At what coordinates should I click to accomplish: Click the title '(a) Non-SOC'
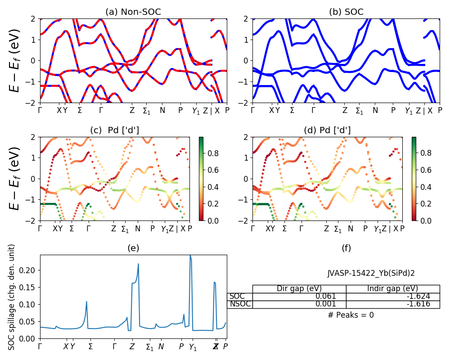133,12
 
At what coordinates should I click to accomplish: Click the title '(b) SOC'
346,12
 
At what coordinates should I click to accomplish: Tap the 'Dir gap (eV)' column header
299,288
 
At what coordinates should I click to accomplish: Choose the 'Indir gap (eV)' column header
392,288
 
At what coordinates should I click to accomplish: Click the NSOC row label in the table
240,304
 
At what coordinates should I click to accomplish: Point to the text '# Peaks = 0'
351,315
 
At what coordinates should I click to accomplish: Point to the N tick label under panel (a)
162,111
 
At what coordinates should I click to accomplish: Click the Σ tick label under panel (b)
292,111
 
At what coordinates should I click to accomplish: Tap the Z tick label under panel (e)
132,347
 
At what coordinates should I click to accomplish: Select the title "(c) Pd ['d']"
115,130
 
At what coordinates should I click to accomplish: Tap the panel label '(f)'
346,248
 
